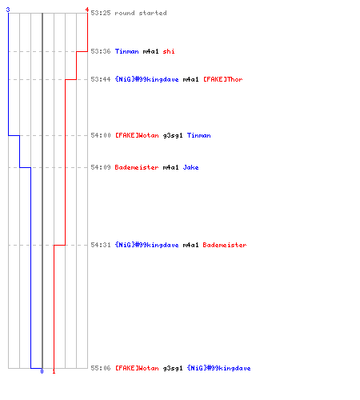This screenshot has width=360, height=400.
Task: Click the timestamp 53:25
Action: (101, 13)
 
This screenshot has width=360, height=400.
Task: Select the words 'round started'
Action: (141, 13)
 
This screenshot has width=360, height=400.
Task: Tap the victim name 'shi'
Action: (169, 51)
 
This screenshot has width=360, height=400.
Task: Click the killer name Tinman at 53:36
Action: (126, 51)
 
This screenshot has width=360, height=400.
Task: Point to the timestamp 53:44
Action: (101, 79)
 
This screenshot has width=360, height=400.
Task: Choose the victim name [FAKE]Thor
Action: (223, 79)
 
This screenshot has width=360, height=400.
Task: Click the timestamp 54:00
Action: (101, 135)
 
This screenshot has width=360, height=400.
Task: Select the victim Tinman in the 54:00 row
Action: (198, 135)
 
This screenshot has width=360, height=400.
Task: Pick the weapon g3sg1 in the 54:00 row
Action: (173, 136)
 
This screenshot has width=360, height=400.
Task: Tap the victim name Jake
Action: (190, 167)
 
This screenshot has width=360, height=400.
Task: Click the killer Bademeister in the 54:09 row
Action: (137, 167)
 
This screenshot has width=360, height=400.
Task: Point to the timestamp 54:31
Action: (101, 245)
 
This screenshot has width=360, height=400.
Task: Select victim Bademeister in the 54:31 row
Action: (225, 245)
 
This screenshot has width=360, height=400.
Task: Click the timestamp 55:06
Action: (101, 368)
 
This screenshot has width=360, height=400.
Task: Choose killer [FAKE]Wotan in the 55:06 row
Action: (137, 368)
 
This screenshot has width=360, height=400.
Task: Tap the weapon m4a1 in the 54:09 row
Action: (170, 167)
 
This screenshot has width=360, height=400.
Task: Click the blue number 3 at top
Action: (8, 10)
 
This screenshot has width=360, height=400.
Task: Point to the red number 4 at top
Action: (87, 10)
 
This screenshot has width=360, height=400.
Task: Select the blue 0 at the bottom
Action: (42, 371)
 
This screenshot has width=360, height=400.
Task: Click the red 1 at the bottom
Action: (54, 371)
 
